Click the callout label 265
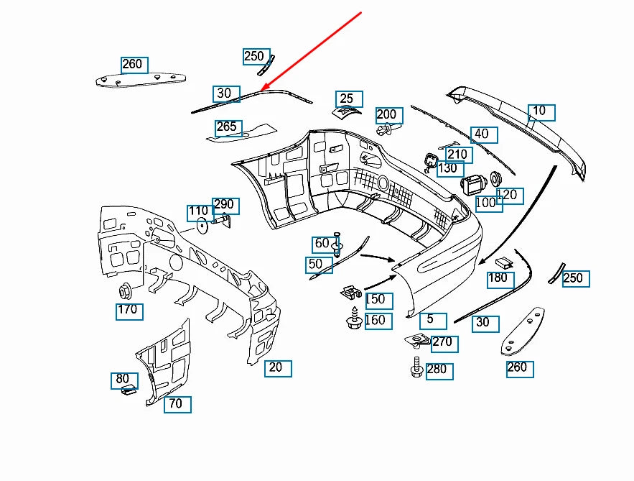click(227, 127)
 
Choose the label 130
click(448, 168)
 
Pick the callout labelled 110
click(200, 213)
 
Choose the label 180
click(499, 278)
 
